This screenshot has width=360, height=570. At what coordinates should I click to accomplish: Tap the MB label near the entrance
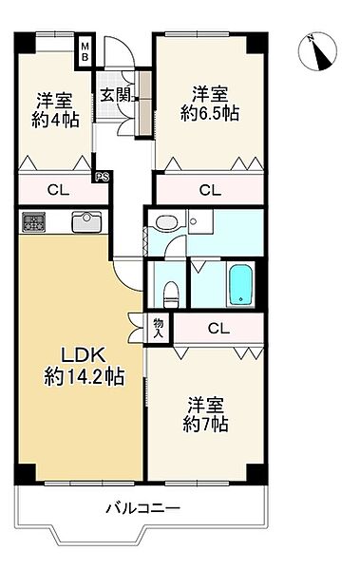[x=85, y=51]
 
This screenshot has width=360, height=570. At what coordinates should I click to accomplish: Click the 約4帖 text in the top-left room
[x=55, y=120]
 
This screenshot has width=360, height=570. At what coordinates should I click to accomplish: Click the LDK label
[x=81, y=356]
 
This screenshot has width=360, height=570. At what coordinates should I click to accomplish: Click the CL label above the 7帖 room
[x=218, y=330]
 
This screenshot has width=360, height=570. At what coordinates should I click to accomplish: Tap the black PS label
[x=100, y=176]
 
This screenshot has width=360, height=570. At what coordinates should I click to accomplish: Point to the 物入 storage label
[x=159, y=328]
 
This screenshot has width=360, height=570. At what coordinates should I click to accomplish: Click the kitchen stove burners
[x=35, y=222]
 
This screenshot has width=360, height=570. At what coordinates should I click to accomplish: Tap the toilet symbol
[x=171, y=291]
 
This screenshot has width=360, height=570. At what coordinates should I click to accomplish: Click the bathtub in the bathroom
[x=241, y=283]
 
